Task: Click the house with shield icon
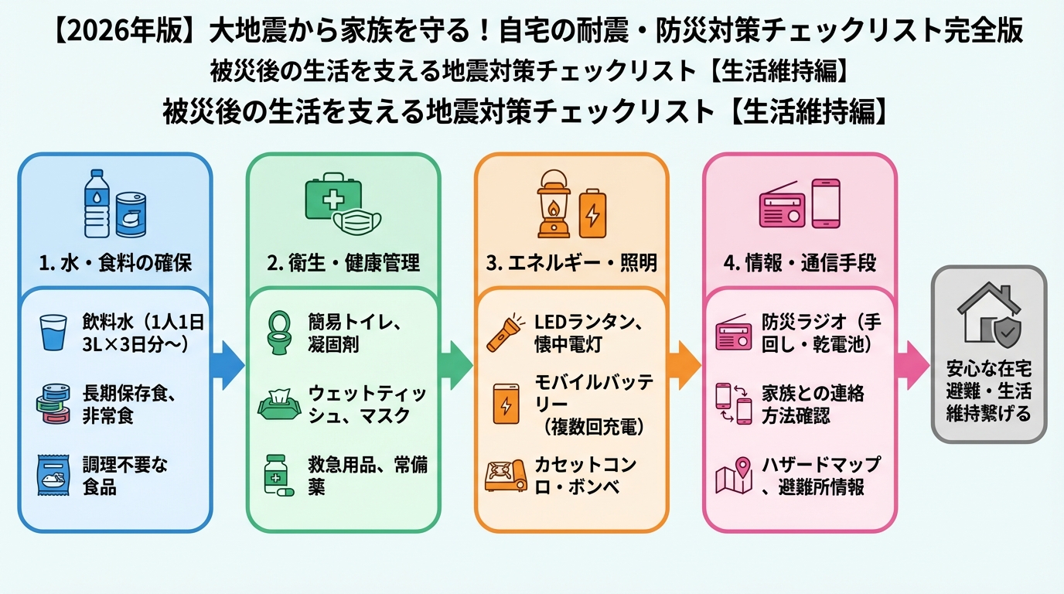click(988, 314)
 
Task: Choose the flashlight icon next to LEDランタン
click(506, 330)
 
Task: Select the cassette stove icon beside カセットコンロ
click(505, 476)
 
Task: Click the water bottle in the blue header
click(97, 203)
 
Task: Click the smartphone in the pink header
click(825, 203)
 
